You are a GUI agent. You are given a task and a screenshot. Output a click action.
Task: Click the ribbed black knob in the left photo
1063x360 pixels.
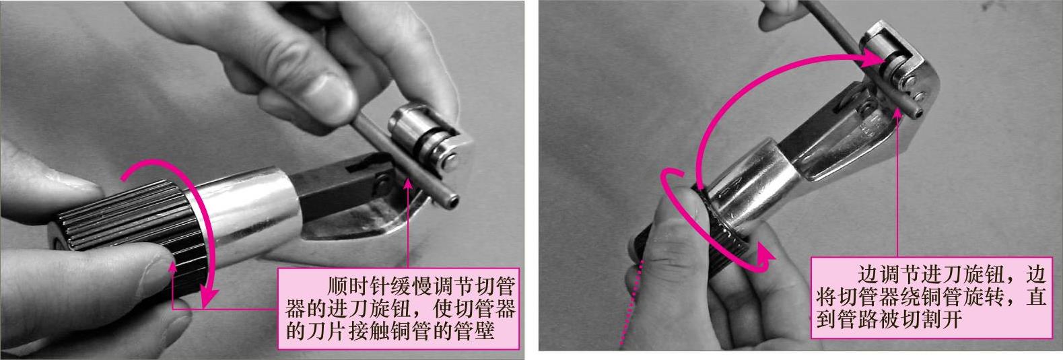coord(128,236)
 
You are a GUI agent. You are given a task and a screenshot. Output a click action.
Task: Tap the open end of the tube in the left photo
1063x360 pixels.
coord(451,201)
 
